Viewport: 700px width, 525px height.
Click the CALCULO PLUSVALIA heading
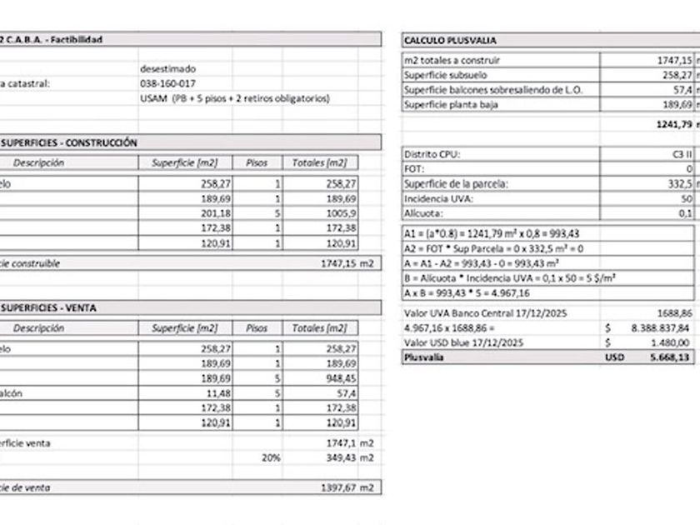click(x=450, y=40)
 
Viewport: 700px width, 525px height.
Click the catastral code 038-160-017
click(x=168, y=83)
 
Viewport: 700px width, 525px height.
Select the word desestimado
click(x=168, y=68)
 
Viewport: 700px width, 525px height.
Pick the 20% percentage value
click(x=271, y=457)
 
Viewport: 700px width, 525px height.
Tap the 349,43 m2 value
click(x=346, y=457)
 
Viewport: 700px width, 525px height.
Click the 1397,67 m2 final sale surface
click(x=346, y=486)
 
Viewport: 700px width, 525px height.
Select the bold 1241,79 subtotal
click(x=670, y=124)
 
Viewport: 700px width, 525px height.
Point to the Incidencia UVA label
click(x=437, y=198)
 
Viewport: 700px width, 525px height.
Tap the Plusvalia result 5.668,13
click(x=667, y=357)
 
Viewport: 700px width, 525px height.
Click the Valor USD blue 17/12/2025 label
click(x=463, y=342)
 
